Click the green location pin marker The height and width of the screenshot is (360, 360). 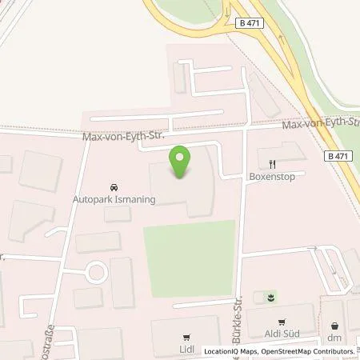[x=181, y=163]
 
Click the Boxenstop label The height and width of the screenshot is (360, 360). [x=272, y=173]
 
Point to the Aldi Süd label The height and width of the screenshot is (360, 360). [x=282, y=332]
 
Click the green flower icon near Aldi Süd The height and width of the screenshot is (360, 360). [x=270, y=298]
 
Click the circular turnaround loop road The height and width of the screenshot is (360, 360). [x=97, y=272]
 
